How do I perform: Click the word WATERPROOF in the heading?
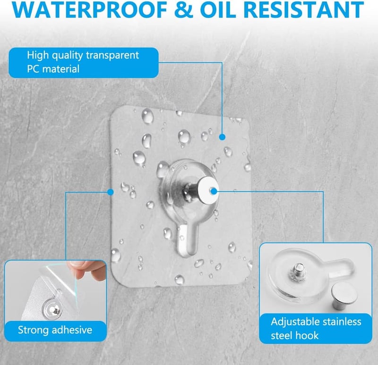89,9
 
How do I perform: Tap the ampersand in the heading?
183,9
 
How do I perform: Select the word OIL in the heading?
218,9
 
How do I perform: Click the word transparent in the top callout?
112,55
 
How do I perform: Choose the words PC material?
53,69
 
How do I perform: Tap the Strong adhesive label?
55,330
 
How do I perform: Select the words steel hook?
294,335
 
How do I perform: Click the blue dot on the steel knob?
214,192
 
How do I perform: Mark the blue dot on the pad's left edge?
111,192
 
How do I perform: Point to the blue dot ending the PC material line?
222,137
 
